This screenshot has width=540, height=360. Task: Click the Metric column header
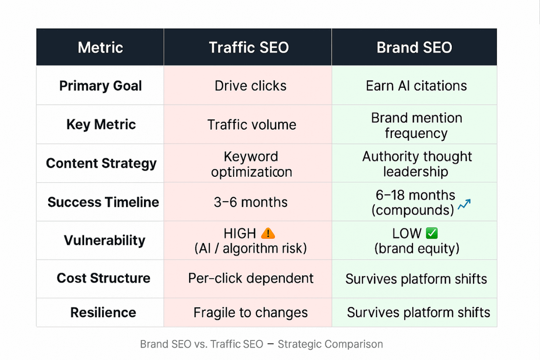[100, 47]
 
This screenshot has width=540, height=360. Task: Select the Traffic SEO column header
[248, 47]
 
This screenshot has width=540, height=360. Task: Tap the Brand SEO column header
[414, 47]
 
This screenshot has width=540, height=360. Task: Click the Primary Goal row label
[100, 86]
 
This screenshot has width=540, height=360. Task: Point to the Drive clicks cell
[250, 86]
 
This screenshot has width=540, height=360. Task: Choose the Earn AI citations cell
[416, 86]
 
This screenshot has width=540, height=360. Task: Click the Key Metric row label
[101, 125]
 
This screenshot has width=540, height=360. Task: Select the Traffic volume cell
[252, 125]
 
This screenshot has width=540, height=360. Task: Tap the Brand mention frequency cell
[416, 126]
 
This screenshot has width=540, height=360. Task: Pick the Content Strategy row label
[101, 163]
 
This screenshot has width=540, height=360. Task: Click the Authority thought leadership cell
[417, 164]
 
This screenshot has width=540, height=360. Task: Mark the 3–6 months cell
[251, 202]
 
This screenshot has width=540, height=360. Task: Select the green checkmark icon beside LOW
[432, 233]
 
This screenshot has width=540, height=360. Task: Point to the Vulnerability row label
[104, 240]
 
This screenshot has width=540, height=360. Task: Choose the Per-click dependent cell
[251, 278]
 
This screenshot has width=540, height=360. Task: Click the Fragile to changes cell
[251, 312]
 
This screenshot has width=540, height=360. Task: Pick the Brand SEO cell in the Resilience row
[418, 312]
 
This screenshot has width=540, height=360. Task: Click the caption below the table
[261, 345]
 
